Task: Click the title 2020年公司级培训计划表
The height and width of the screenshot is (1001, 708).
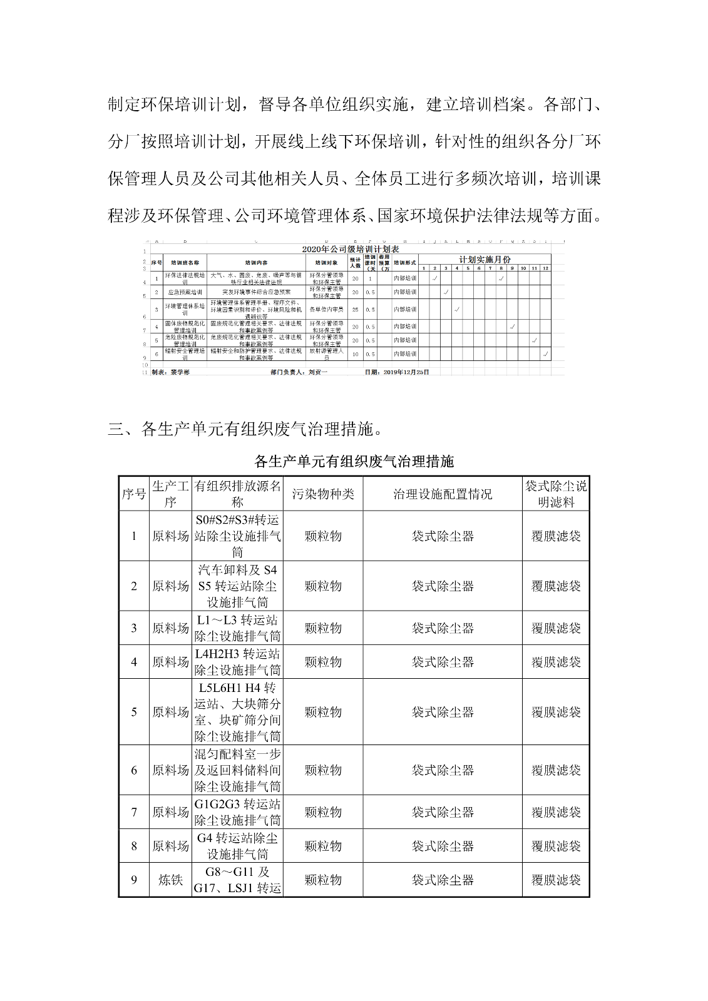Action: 351,249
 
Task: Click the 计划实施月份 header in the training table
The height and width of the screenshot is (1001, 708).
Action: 485,259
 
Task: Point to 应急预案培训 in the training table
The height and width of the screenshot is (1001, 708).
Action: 185,292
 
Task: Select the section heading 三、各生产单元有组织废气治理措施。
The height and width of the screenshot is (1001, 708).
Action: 245,429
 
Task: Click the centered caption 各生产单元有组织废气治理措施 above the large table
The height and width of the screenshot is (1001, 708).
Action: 354,462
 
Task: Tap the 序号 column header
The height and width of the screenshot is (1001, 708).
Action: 134,494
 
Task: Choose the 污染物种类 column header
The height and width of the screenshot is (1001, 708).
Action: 323,494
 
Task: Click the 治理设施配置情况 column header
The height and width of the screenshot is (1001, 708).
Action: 443,494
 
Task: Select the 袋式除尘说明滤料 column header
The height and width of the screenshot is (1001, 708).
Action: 556,494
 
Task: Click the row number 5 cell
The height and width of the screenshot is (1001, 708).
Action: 134,712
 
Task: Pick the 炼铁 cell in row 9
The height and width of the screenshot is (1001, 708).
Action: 170,880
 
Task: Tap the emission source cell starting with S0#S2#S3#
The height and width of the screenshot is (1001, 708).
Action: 237,536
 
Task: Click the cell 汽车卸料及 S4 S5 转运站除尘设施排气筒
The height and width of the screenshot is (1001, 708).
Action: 237,586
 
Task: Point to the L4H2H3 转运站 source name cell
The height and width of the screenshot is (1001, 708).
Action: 237,662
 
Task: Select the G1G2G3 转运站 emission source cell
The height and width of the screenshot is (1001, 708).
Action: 237,812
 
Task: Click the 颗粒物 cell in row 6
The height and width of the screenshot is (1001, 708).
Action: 323,770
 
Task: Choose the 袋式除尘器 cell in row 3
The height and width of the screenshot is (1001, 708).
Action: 443,628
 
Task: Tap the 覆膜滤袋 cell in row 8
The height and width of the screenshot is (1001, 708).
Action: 556,846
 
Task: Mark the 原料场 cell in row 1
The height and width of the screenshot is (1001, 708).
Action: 170,536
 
